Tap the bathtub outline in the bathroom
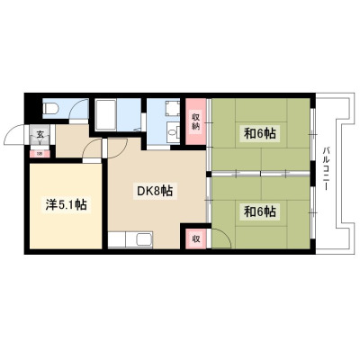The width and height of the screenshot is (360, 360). pos(106,114)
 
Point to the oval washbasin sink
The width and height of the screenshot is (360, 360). pos(172,132)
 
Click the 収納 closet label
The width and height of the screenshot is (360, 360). pos(195,121)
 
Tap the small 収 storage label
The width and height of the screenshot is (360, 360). pos(196,239)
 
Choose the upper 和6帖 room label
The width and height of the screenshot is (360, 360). pos(260,133)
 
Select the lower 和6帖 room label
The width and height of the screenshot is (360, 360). pos(260,212)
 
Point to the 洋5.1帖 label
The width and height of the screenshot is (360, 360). pos(66,204)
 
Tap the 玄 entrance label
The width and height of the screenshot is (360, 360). pos(40,134)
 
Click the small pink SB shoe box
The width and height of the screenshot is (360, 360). pos(40,154)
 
